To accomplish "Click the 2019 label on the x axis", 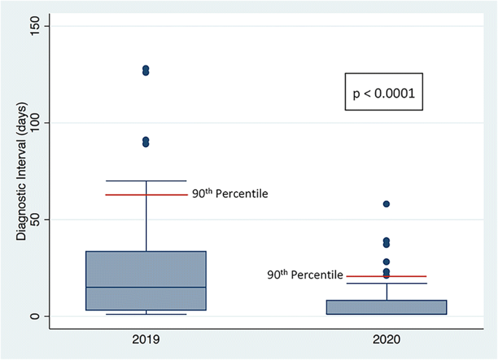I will (146, 340).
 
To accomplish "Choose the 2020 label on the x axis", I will (386, 340).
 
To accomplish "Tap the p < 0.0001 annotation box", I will (383, 93).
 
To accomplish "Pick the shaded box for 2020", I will (386, 307).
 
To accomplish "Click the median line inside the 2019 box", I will (146, 287).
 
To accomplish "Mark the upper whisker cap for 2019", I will (146, 180).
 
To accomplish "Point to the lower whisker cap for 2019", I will (146, 314).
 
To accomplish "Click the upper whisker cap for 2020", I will (386, 283).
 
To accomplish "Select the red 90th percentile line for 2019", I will (146, 195).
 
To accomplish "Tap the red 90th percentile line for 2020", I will (386, 276).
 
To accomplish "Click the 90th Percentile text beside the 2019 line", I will (230, 194).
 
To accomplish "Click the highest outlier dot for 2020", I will (386, 204).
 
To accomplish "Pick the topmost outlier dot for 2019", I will (146, 68).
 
